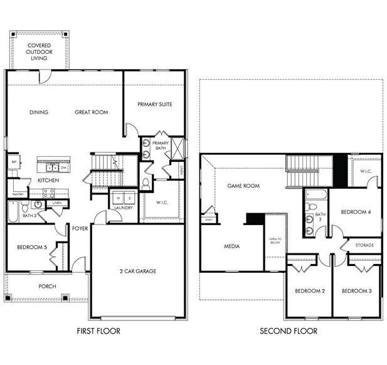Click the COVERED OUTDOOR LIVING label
(38, 51)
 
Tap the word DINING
(39, 112)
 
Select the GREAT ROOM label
(92, 112)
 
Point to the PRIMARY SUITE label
(154, 104)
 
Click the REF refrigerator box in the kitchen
(13, 161)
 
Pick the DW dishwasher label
(63, 167)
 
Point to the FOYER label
(80, 228)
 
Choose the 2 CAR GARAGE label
(137, 271)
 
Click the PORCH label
(47, 287)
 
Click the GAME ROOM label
(243, 186)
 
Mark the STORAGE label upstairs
(365, 245)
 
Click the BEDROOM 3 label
(358, 291)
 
